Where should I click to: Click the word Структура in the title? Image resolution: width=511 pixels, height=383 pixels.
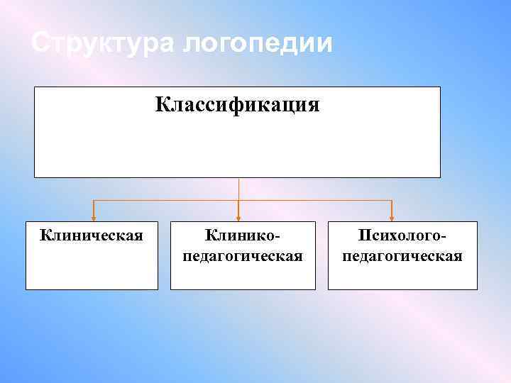(x=103, y=44)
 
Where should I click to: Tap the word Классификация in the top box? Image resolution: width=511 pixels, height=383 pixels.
(x=238, y=106)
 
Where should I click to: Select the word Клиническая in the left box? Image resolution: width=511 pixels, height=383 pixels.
(x=92, y=234)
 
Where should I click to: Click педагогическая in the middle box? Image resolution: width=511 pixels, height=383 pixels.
(x=243, y=255)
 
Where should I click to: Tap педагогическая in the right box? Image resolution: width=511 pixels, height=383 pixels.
(x=402, y=255)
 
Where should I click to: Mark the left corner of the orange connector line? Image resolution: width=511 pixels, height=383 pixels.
(x=93, y=201)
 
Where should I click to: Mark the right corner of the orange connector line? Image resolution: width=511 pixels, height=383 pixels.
(x=392, y=201)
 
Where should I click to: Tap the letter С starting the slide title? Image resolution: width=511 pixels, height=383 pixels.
(x=40, y=44)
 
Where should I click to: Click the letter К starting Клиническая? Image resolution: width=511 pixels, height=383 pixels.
(x=45, y=234)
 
